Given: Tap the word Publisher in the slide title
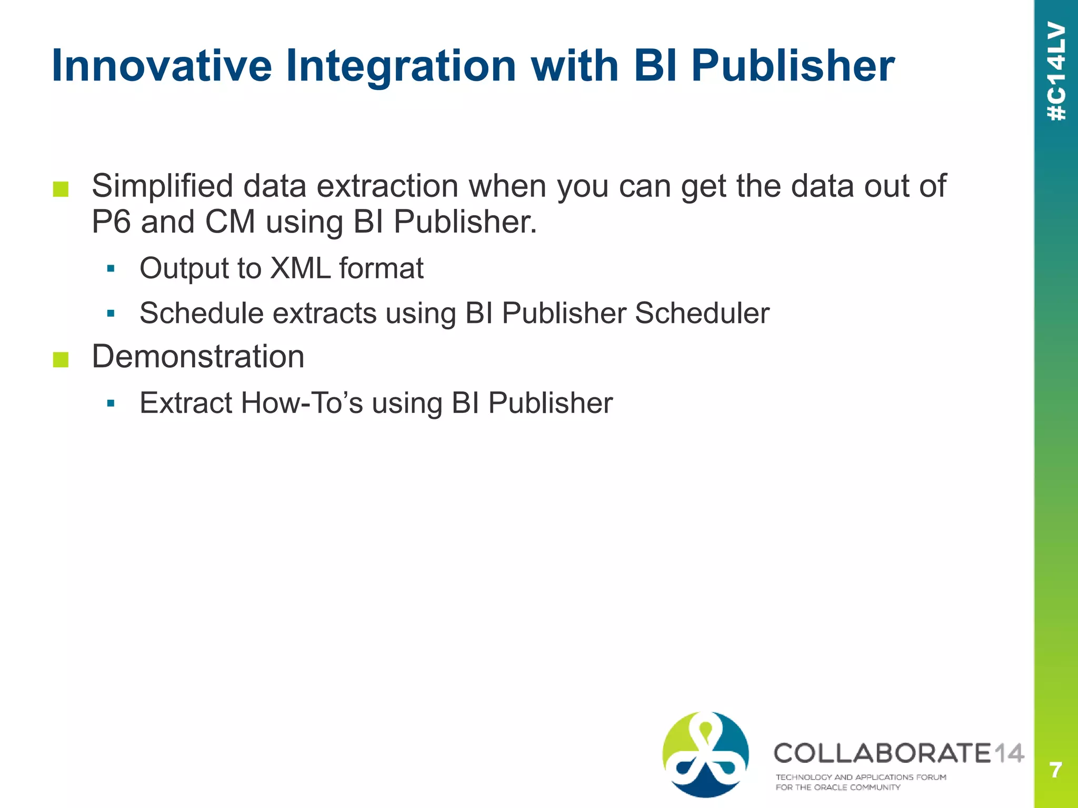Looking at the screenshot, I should coord(792,66).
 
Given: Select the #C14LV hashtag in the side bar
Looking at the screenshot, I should coord(1056,71).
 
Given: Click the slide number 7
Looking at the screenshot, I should coord(1055,770).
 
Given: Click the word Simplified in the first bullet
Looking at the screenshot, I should coord(162,186).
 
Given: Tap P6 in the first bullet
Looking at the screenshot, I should coord(111,221).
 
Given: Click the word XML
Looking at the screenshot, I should coord(300,268).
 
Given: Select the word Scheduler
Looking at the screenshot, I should coord(702,314).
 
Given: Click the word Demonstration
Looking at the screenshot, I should coord(198,357).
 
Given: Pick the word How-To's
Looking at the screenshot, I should coord(302,403).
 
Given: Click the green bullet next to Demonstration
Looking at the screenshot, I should coord(61,359).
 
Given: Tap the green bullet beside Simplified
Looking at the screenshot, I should coord(61,189).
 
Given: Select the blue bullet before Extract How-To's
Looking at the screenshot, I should coord(111,404).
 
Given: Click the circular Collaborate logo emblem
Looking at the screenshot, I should coord(705,754).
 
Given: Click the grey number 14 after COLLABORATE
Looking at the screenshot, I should coord(1009,753).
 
